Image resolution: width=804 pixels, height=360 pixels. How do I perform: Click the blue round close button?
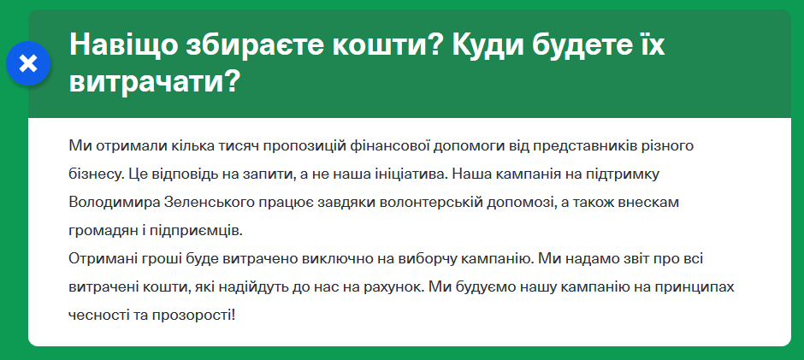tap(28, 63)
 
